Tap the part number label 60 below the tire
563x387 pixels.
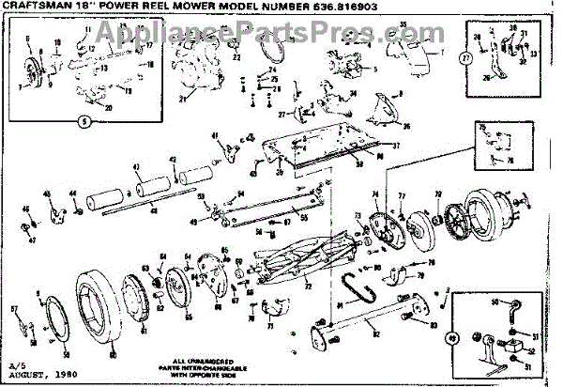coord(112,355)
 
